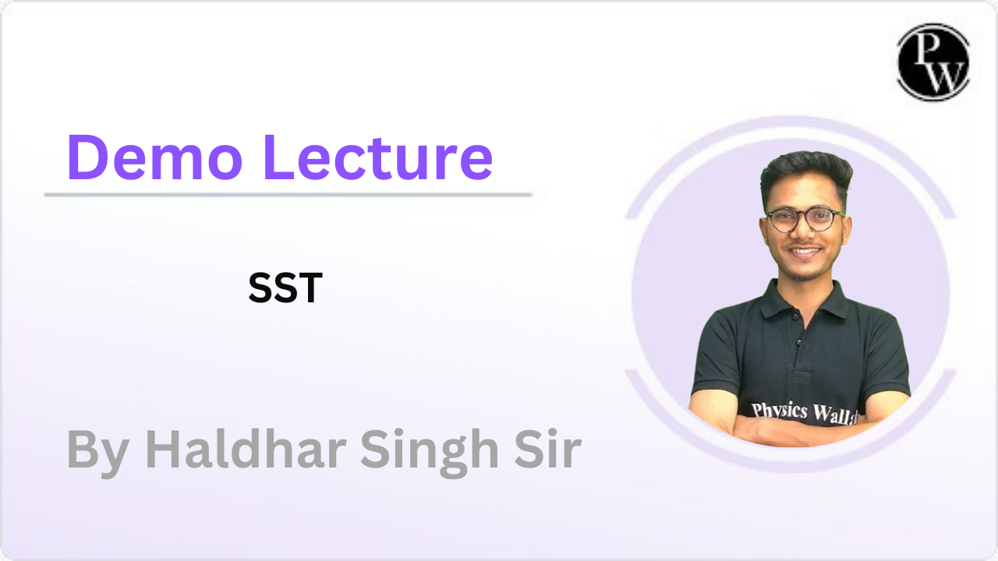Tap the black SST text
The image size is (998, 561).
click(285, 288)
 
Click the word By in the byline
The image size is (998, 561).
click(97, 450)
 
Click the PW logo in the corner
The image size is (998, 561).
click(933, 62)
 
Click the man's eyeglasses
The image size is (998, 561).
click(804, 219)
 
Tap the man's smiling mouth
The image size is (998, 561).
click(805, 252)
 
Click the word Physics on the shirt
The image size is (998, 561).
click(780, 409)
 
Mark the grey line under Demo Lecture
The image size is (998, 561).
click(288, 194)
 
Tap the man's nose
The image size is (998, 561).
click(805, 234)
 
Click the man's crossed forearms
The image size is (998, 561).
click(787, 429)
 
